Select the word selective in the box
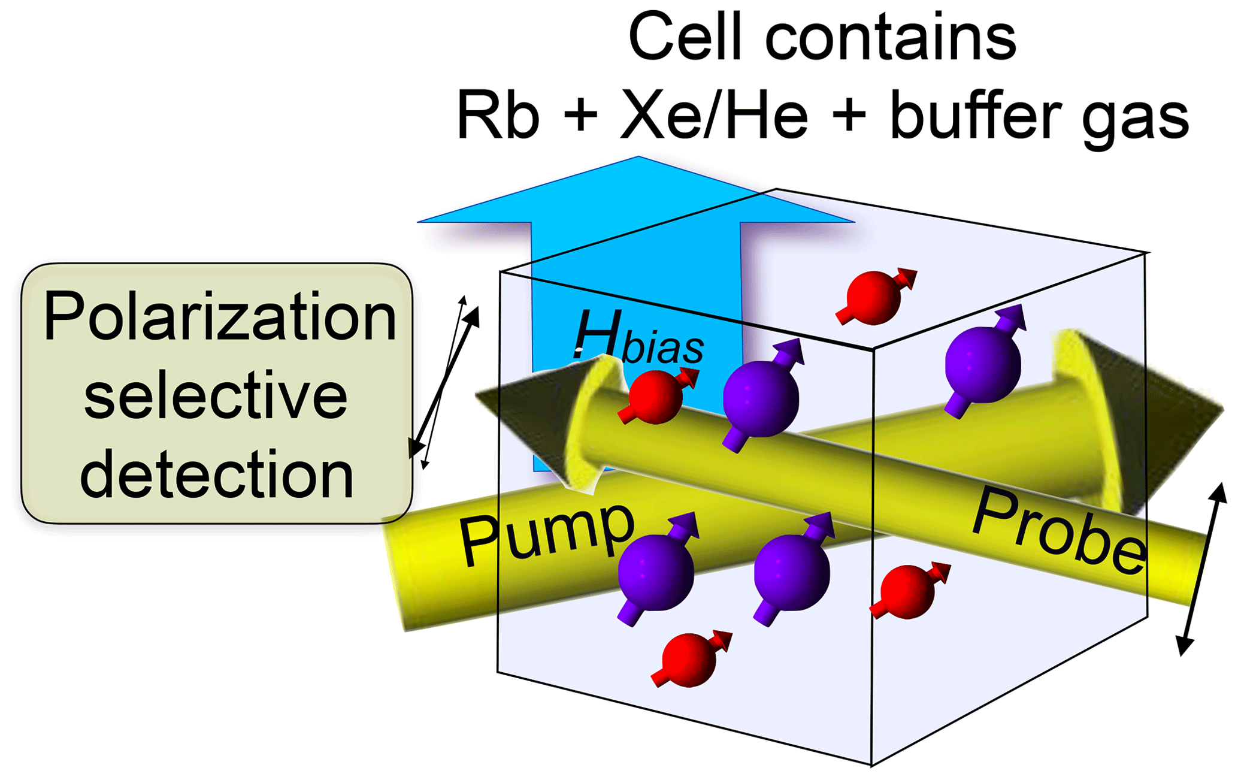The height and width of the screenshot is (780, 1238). (216, 395)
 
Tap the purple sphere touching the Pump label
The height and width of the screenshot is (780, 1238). (656, 572)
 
